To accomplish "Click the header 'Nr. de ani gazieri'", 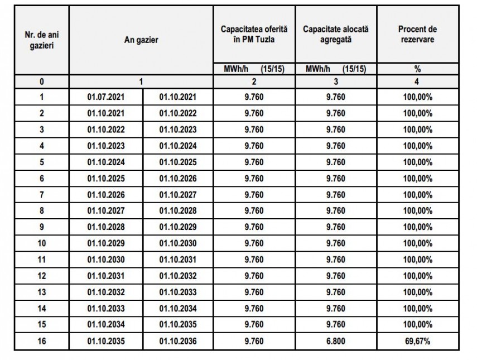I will point(41,40).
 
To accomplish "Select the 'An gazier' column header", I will point(141,40).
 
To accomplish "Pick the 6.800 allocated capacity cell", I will point(336,340).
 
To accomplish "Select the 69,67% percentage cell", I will point(418,340).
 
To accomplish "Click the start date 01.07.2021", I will point(106,97).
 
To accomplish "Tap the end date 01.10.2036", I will point(178,340).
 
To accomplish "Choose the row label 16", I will point(42,340).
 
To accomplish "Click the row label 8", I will point(42,211).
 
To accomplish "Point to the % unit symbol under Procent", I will point(417,70).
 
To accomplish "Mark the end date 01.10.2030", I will point(178,243).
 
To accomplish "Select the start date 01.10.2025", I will point(106,179).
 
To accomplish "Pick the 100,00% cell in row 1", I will point(418,97).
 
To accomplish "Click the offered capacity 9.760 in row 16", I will point(254,340).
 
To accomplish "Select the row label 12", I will point(42,276).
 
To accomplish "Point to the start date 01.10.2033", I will point(106,308).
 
